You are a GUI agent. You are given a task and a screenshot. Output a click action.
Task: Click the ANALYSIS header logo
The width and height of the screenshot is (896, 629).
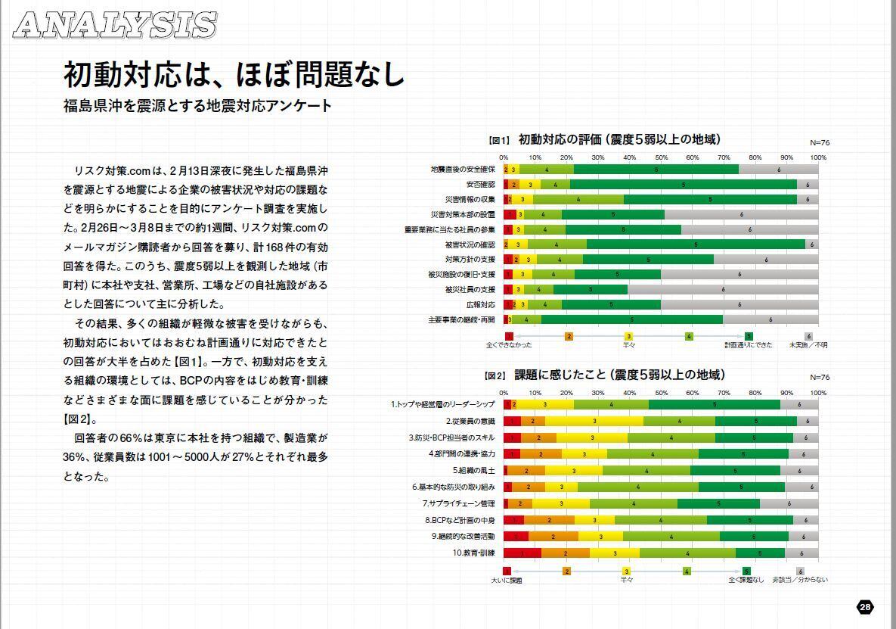coord(116,24)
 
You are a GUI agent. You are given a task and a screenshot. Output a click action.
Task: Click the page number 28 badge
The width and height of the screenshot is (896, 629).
coord(866,607)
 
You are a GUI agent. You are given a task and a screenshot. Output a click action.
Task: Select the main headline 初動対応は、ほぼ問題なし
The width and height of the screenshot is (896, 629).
coord(234,75)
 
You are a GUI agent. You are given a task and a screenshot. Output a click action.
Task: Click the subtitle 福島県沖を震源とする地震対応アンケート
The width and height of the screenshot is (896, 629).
coord(198,106)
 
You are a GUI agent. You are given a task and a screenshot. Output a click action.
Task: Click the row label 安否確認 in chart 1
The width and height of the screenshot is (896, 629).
coord(481,184)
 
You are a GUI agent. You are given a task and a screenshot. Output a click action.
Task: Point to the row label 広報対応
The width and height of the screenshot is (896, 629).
coord(481,304)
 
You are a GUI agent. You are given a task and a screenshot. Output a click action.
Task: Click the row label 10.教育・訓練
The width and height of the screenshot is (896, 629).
coord(473,553)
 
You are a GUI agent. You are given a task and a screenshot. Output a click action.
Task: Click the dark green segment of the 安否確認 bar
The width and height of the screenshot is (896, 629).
coord(684,184)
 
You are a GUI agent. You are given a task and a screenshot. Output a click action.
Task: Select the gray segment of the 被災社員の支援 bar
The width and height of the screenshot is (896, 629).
coord(723,289)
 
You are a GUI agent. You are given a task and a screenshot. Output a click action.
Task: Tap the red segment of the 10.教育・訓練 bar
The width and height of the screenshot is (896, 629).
coord(522,553)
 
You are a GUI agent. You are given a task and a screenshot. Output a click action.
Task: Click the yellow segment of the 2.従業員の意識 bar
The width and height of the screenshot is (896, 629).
coord(594,421)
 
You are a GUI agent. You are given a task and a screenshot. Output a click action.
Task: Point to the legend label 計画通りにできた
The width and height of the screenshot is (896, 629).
coord(749,345)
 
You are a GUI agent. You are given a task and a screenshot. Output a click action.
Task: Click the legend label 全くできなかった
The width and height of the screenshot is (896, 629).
coord(509,345)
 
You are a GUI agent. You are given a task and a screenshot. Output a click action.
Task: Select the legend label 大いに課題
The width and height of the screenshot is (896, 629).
coord(507,581)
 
